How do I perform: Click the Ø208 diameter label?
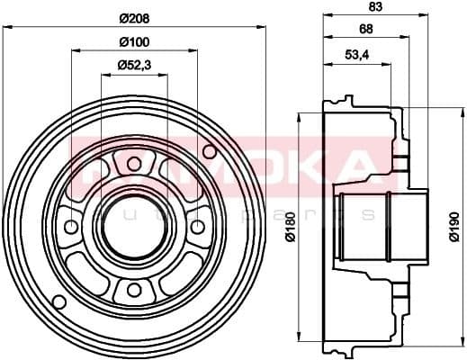pyautogui.click(x=133, y=17)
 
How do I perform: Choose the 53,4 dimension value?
pyautogui.click(x=357, y=54)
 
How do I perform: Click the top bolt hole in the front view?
pyautogui.click(x=133, y=164)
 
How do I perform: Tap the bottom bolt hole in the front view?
pyautogui.click(x=133, y=289)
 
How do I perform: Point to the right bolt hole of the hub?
pyautogui.click(x=196, y=226)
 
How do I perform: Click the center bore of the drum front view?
pyautogui.click(x=133, y=226)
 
